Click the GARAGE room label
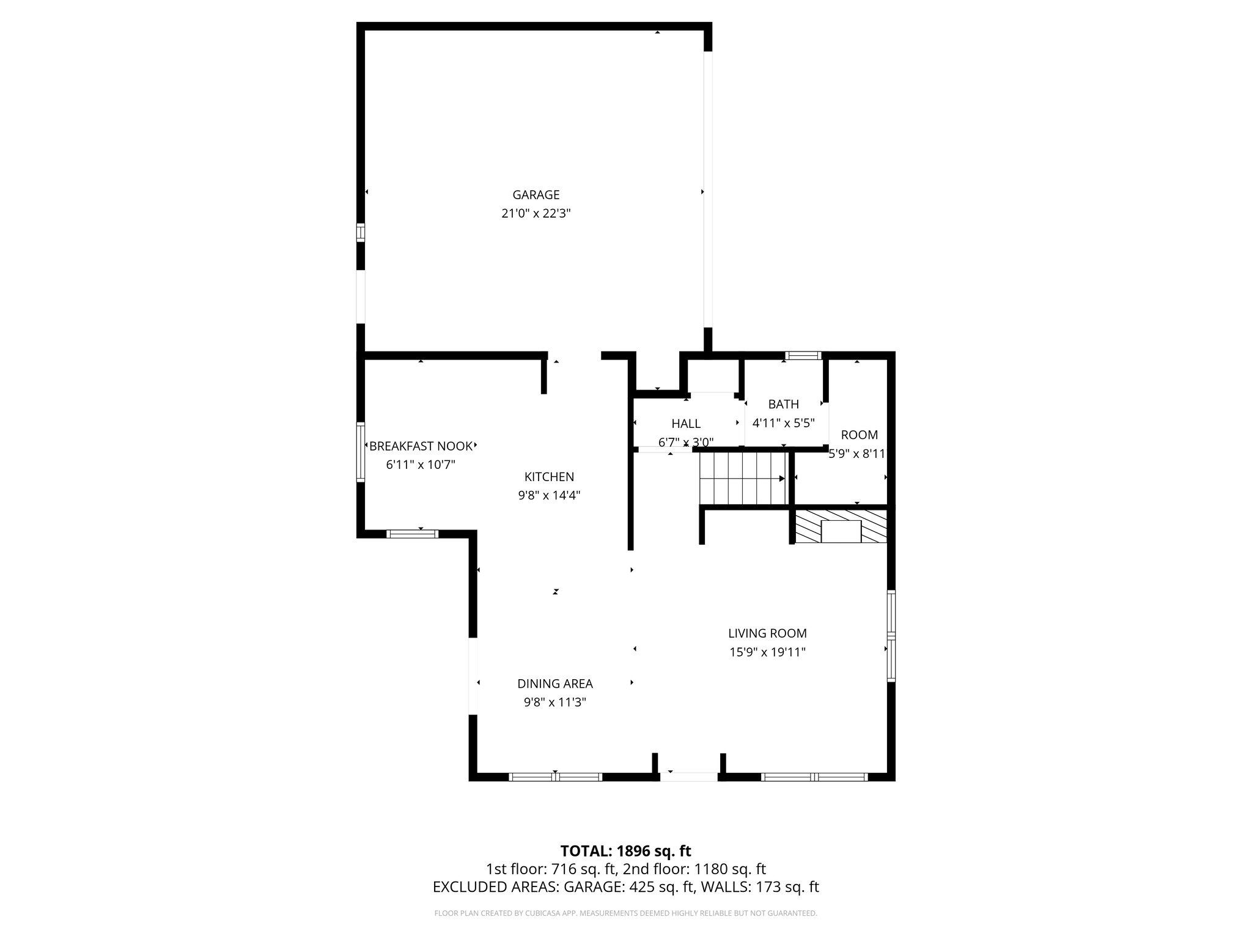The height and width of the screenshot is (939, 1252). tap(536, 195)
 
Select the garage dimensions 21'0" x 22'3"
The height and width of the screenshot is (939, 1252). tap(536, 214)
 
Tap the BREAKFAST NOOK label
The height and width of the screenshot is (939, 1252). tap(421, 446)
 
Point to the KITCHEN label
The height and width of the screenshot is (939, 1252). tap(549, 477)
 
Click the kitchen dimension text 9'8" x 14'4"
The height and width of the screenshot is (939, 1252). tap(549, 496)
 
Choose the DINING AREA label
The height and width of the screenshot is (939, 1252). tap(554, 684)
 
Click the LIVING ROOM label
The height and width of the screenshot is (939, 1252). tap(767, 633)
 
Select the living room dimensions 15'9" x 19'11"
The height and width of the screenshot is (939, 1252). tap(767, 652)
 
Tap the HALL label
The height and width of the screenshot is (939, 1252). tap(686, 424)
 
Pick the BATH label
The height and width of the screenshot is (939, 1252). tap(783, 404)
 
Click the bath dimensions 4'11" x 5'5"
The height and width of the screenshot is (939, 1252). tap(783, 423)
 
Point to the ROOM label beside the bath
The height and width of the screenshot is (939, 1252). tap(859, 435)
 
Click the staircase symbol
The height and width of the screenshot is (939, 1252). tap(742, 478)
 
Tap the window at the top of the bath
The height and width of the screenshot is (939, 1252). tap(803, 355)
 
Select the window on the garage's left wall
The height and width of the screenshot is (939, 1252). tap(361, 233)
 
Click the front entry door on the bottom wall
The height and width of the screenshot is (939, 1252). tap(688, 776)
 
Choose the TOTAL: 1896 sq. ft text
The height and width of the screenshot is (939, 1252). tap(625, 851)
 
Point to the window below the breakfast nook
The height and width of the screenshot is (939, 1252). tap(413, 534)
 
